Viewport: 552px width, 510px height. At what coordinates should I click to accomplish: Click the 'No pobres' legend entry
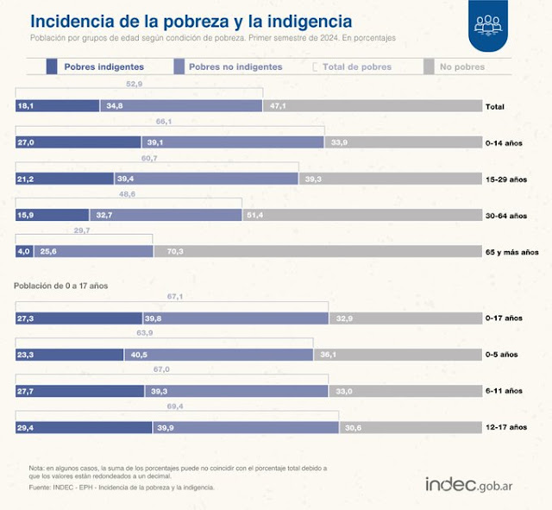coord(461,66)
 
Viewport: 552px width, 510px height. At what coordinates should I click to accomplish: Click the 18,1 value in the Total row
coord(25,106)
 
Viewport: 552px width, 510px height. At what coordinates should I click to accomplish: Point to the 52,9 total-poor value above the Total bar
coord(134,85)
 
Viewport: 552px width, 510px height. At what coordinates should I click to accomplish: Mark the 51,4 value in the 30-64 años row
coord(255,215)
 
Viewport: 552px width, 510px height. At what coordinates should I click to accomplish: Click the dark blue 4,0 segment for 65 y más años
coord(24,251)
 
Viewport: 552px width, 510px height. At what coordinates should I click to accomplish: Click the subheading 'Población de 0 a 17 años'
coord(61,284)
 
